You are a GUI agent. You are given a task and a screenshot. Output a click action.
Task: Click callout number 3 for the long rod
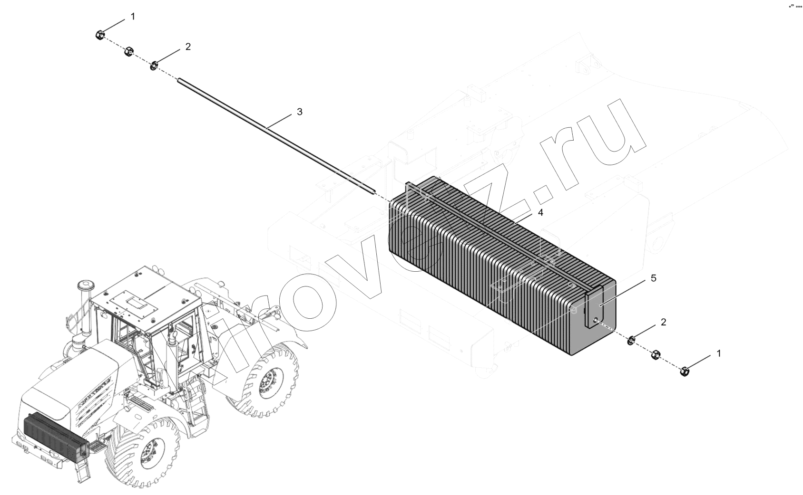coord(300,112)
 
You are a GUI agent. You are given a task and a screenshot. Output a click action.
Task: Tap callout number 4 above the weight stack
coord(540,213)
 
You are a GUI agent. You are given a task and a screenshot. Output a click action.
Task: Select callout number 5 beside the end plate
coord(654,278)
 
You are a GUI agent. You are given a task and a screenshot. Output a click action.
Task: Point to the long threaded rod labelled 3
coord(276,136)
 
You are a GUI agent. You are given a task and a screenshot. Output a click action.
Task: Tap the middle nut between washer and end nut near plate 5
coord(656,355)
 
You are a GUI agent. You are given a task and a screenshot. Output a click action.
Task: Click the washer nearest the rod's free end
coord(155,66)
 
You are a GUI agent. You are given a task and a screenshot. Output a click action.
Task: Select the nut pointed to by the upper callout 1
coord(100,35)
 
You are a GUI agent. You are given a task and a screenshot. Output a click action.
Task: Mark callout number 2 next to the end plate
coord(664,322)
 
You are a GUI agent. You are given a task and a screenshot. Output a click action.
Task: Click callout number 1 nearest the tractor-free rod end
coord(133,17)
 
